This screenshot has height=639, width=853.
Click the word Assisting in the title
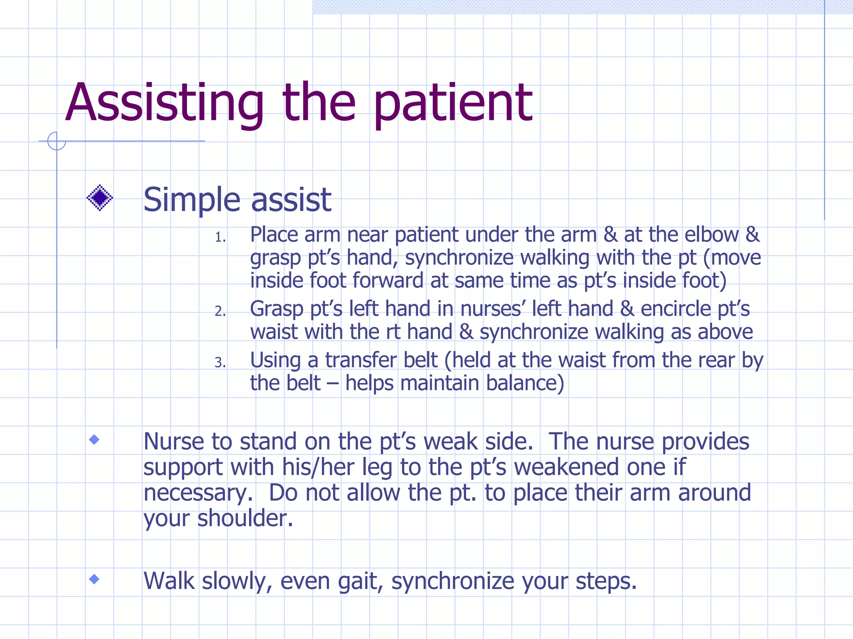click(x=165, y=103)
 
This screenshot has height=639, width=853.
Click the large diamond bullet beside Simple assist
click(x=100, y=198)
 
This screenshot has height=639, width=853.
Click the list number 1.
click(x=220, y=238)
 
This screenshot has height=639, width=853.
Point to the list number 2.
click(x=220, y=311)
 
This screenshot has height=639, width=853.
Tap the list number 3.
click(x=220, y=363)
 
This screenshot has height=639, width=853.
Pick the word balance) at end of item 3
click(x=525, y=383)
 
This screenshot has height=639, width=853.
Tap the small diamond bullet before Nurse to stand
click(x=95, y=440)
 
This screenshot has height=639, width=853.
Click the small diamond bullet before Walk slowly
click(x=95, y=579)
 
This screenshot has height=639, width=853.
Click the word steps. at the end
click(x=606, y=582)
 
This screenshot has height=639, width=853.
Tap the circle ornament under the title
click(x=57, y=141)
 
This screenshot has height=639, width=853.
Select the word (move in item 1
click(x=732, y=258)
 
